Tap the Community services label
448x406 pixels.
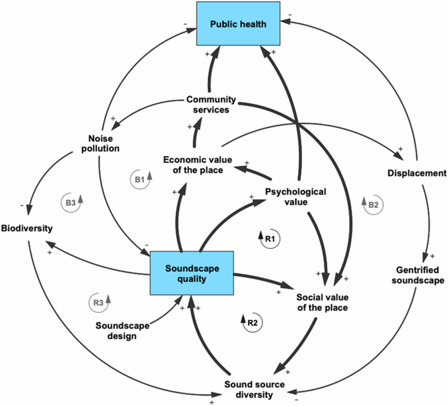(208, 105)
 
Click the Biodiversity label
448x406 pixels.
(26, 229)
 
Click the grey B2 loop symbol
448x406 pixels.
(371, 205)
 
